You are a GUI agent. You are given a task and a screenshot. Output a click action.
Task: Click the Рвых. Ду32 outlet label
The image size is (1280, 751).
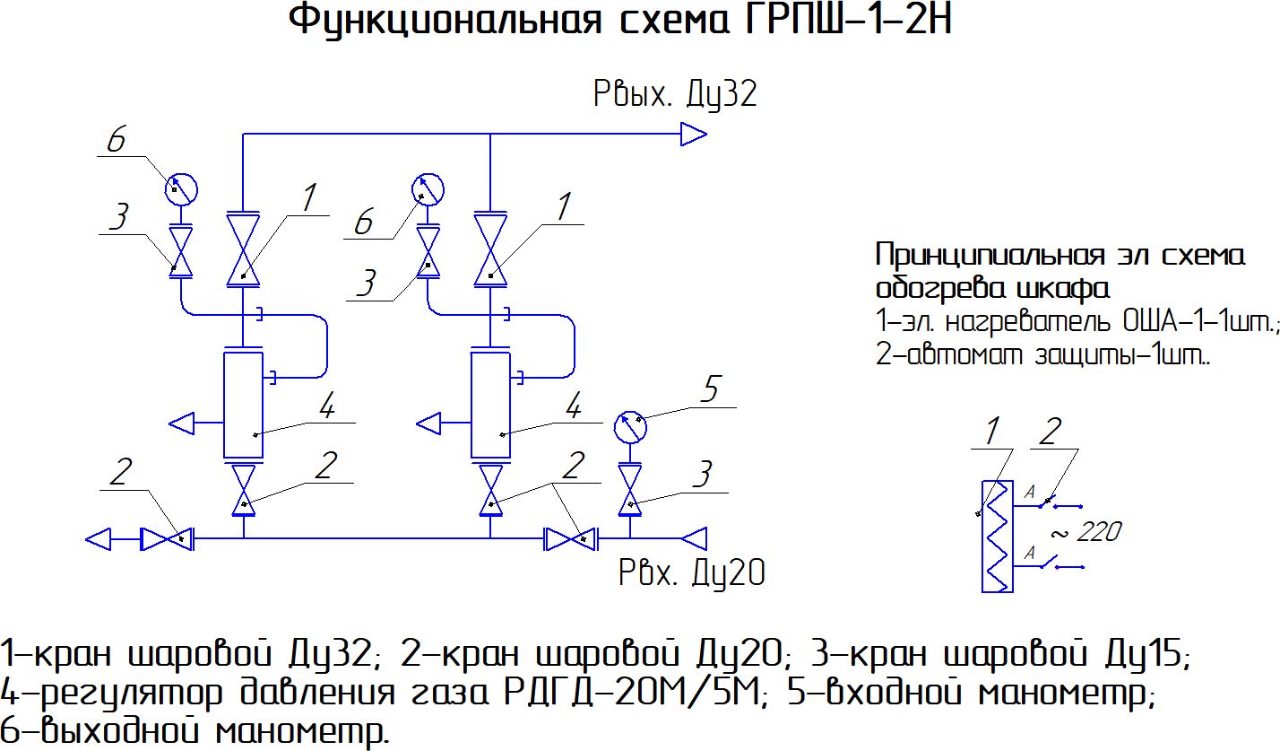click(675, 93)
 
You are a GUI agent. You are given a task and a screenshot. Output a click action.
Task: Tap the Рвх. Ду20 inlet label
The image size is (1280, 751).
click(692, 573)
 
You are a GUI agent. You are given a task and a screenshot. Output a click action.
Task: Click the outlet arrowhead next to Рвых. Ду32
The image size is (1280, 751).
click(694, 135)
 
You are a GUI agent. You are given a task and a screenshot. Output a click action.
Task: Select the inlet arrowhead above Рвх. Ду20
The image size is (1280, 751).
click(694, 538)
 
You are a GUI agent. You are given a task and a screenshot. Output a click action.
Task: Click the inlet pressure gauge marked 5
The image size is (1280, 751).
click(630, 427)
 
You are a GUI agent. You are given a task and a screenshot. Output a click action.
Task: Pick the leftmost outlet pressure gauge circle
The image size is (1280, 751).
click(181, 189)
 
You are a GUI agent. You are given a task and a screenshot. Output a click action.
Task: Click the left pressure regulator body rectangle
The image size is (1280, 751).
click(244, 405)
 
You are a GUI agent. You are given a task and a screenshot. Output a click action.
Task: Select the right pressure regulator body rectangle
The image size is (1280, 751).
click(490, 405)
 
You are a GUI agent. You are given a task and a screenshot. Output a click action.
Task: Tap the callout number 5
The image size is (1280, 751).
click(711, 389)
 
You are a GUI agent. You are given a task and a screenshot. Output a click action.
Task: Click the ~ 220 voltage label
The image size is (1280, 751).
click(1085, 532)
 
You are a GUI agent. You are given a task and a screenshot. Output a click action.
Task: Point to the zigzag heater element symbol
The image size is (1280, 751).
click(997, 536)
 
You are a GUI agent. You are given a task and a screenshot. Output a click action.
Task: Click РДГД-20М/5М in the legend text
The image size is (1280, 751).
click(632, 693)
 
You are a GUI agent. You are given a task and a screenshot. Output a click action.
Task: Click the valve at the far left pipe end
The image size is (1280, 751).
click(167, 539)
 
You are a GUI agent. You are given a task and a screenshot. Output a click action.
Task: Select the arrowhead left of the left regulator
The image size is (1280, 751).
click(182, 424)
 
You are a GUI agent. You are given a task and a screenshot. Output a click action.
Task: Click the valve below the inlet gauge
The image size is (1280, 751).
click(630, 490)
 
